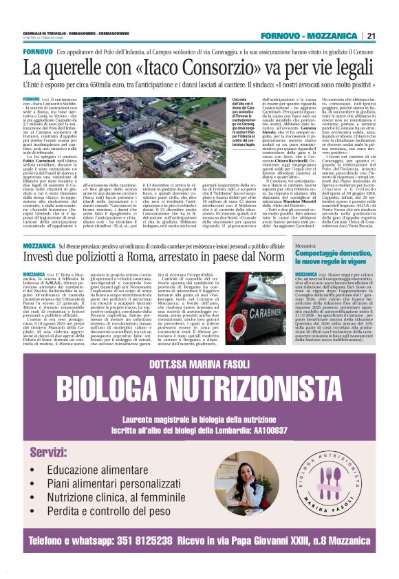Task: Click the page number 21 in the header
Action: (371, 36)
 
